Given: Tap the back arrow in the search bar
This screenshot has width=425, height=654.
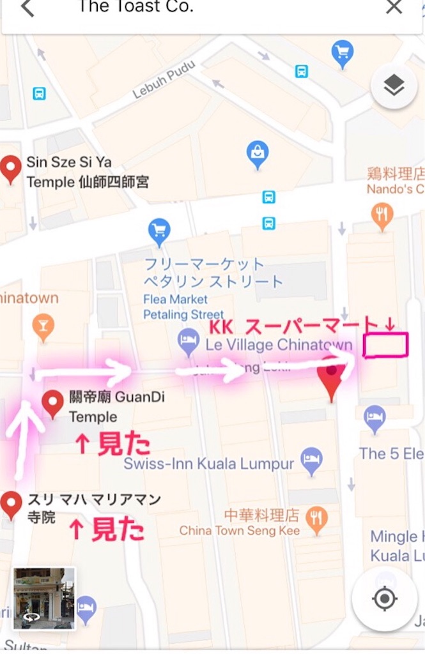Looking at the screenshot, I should [x=27, y=8].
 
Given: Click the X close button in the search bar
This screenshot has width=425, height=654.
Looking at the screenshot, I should [x=394, y=7].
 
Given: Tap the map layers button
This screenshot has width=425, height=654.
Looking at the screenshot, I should [x=394, y=86].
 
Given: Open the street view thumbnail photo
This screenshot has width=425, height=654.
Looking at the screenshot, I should [x=44, y=598].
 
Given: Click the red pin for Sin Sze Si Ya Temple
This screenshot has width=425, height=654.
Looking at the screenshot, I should [x=11, y=169].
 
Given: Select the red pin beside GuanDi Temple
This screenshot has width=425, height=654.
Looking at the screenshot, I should [x=52, y=404].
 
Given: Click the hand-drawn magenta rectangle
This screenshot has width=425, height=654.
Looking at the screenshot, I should [x=385, y=345].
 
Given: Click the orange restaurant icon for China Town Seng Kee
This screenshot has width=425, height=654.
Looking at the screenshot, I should [x=316, y=521].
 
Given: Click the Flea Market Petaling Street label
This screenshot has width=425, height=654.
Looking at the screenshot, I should [x=175, y=307].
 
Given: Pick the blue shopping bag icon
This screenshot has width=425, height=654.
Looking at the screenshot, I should [x=258, y=154].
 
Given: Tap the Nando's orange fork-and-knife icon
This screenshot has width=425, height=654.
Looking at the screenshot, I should [x=382, y=217].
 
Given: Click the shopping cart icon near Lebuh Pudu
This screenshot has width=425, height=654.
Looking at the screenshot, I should [x=343, y=54].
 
